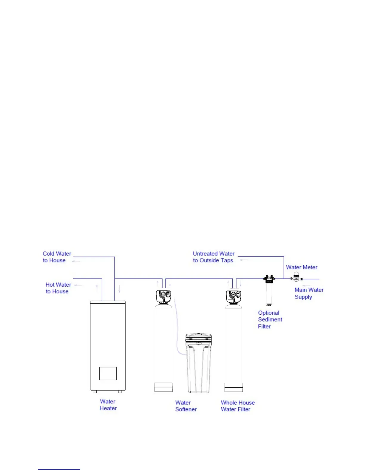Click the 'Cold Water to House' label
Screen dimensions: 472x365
57,257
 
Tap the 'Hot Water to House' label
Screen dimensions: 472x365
58,288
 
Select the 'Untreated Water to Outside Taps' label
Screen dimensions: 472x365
214,257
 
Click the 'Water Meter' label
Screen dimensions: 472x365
301,267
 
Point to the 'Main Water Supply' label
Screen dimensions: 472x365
309,293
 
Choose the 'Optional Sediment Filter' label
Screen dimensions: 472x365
270,319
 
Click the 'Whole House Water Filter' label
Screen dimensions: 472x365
238,406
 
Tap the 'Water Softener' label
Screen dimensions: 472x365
186,406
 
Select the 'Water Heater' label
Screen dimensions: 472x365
108,405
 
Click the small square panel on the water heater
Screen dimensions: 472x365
108,373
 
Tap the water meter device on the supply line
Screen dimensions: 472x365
296,277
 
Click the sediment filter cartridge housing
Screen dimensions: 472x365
269,292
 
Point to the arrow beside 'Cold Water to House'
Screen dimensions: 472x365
76,261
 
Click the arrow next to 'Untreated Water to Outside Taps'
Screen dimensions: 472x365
244,260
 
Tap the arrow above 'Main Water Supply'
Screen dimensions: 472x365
306,286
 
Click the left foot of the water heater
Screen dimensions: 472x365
95,392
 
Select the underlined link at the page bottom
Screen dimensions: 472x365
59,469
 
